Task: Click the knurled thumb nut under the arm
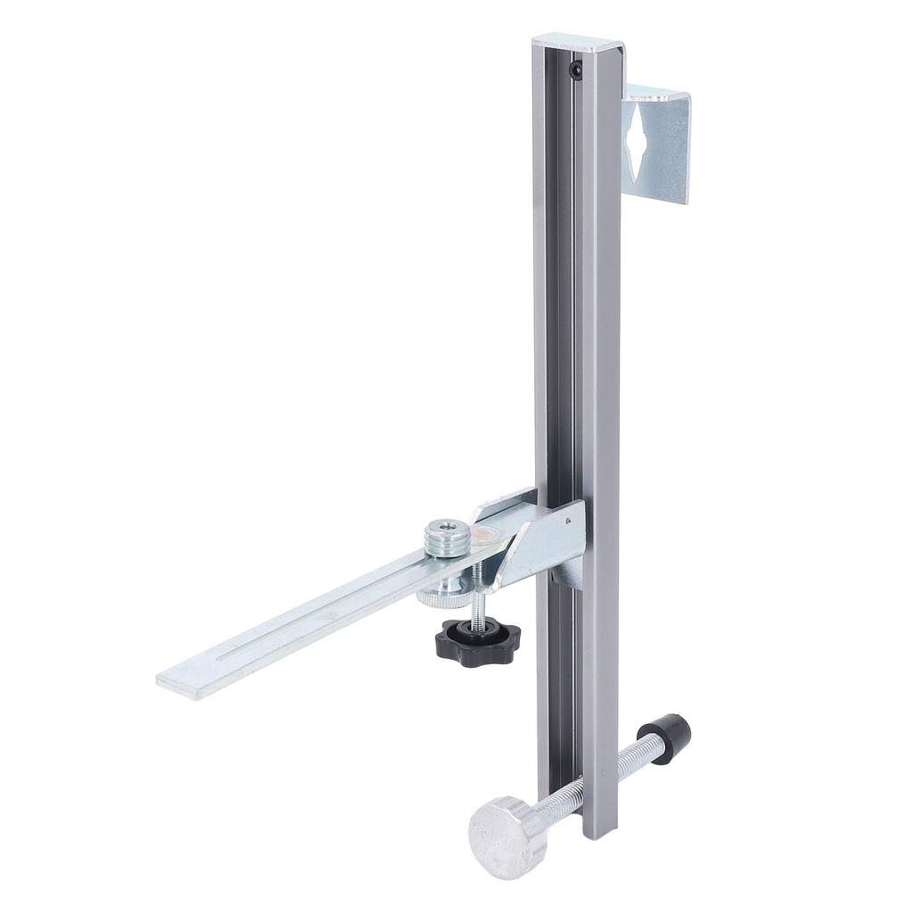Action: (x=443, y=594)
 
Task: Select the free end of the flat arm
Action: (x=178, y=681)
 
